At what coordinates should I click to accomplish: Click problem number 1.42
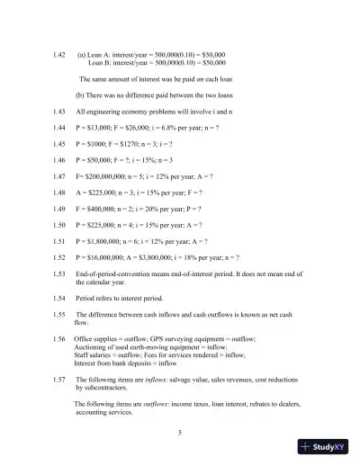coord(59,56)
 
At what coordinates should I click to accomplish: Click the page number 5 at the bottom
coord(180,434)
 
